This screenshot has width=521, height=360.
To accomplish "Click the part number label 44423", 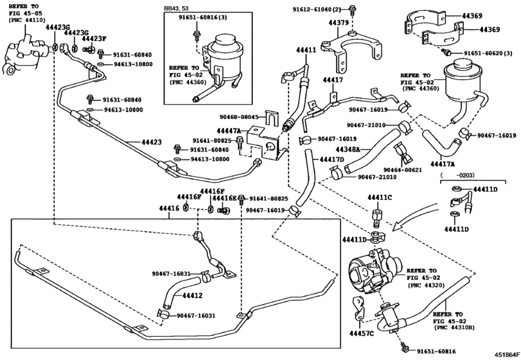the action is tap(152, 142).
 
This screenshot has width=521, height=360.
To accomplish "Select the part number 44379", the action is tap(339, 22).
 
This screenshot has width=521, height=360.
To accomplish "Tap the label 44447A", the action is tap(229, 131).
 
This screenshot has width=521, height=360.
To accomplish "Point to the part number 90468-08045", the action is tap(239, 117).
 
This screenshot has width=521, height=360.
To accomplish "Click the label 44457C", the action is tap(362, 333).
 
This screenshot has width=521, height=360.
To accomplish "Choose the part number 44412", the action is tap(192, 296).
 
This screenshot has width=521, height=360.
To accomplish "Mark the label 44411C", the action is tap(380, 198).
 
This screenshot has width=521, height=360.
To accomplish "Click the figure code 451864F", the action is tap(506, 354).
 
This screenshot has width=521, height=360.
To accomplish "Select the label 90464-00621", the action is tap(403, 170).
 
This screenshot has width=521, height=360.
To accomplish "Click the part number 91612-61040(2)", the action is tap(317, 10).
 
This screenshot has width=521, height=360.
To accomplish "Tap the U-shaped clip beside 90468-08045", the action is tap(272, 118).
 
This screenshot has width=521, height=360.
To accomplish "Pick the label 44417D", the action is tap(331, 159).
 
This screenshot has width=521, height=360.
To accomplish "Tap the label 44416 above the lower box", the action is tap(169, 208).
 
